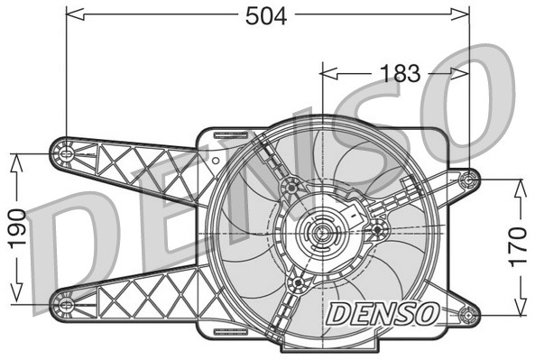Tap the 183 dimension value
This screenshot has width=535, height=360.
[x=398, y=74]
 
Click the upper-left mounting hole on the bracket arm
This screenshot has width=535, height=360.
[x=66, y=153]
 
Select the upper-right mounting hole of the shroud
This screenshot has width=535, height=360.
[x=467, y=180]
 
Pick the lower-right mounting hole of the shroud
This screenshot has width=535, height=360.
[x=467, y=315]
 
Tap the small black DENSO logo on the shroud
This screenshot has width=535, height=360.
[x=382, y=313]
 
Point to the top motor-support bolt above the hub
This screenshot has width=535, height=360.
[x=291, y=187]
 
